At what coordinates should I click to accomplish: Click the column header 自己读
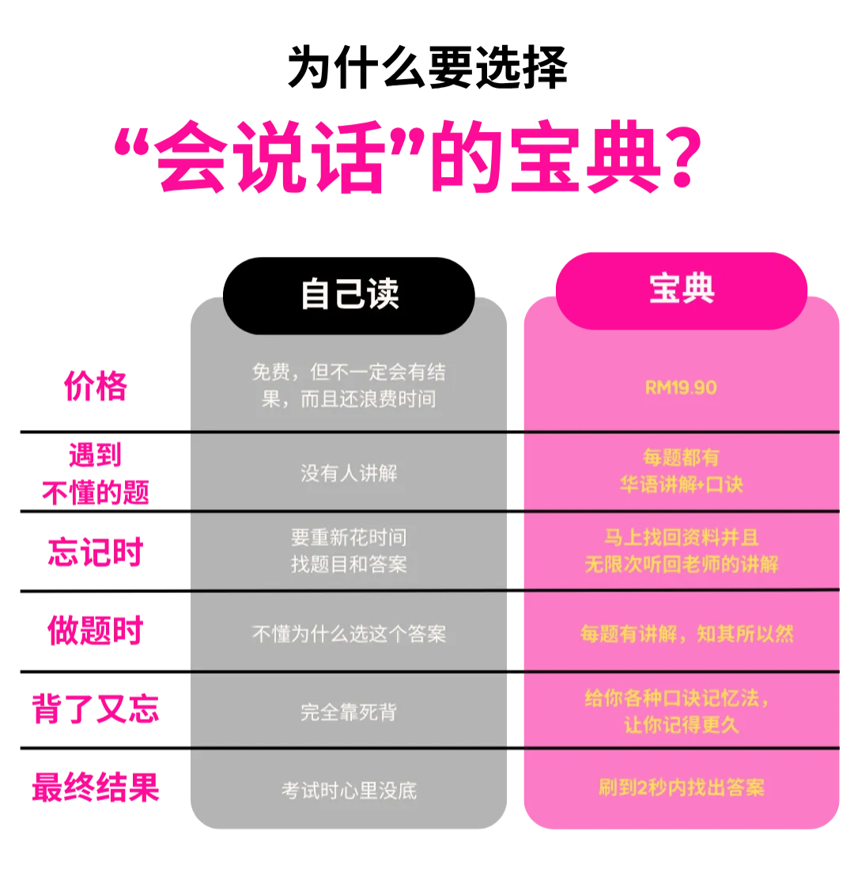[x=350, y=293]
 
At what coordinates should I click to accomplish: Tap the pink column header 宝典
[x=681, y=289]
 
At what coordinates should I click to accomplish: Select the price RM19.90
[x=681, y=387]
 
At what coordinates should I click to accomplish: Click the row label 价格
[x=96, y=387]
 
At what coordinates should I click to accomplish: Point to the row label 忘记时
[x=95, y=550]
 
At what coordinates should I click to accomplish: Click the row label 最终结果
[x=96, y=788]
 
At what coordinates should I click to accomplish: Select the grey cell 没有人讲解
[x=349, y=473]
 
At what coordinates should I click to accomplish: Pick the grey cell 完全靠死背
[x=349, y=712]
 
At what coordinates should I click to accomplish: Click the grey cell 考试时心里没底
[x=349, y=790]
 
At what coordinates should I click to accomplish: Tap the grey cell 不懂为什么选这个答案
[x=349, y=633]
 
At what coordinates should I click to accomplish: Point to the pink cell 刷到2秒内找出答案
[x=681, y=788]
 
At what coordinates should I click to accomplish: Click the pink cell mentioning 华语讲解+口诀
[x=681, y=471]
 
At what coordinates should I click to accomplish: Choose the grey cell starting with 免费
[x=349, y=385]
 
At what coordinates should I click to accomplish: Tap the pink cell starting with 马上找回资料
[x=681, y=550]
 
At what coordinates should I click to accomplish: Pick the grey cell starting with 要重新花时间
[x=349, y=551]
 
